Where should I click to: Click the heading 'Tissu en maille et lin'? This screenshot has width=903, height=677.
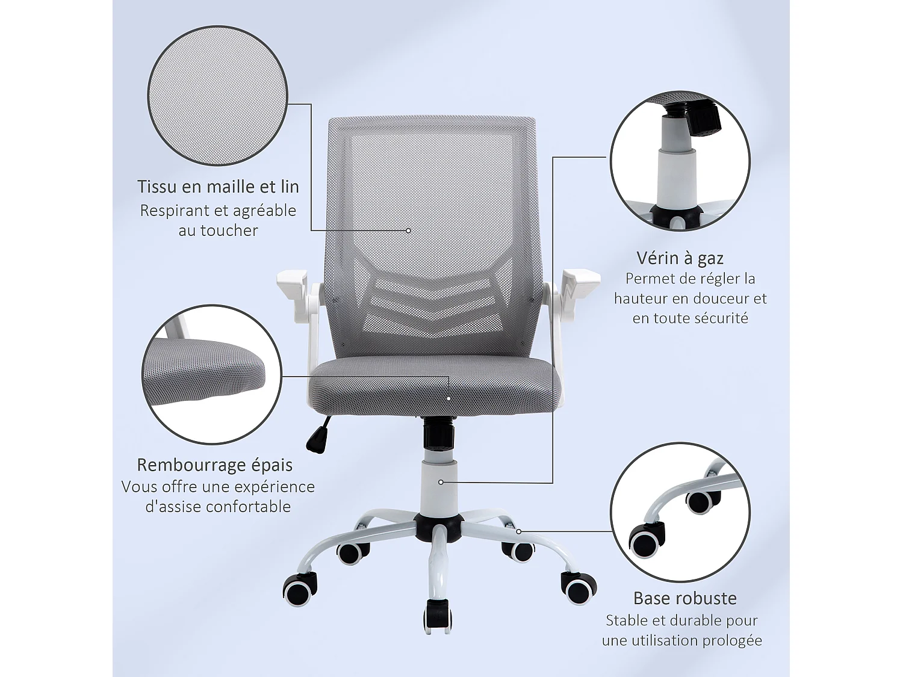click(x=218, y=187)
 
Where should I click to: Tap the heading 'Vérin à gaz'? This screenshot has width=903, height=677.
click(x=680, y=258)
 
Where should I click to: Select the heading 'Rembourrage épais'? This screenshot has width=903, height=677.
click(x=214, y=465)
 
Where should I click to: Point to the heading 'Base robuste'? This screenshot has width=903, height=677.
click(x=684, y=598)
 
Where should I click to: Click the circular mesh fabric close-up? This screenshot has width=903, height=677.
click(x=217, y=96)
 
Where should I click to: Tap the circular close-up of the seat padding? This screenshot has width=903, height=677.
click(x=211, y=374)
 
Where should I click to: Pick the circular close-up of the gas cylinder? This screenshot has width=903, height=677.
click(x=680, y=161)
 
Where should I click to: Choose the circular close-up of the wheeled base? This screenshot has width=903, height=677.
click(x=680, y=512)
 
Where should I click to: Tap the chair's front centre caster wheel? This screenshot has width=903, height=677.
click(x=438, y=615)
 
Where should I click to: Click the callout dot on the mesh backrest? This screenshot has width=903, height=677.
click(x=408, y=230)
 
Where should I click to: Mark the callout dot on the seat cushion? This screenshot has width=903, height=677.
click(x=448, y=398)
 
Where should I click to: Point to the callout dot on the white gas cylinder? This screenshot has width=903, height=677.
click(x=441, y=482)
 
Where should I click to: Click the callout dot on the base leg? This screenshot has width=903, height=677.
click(x=518, y=531)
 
